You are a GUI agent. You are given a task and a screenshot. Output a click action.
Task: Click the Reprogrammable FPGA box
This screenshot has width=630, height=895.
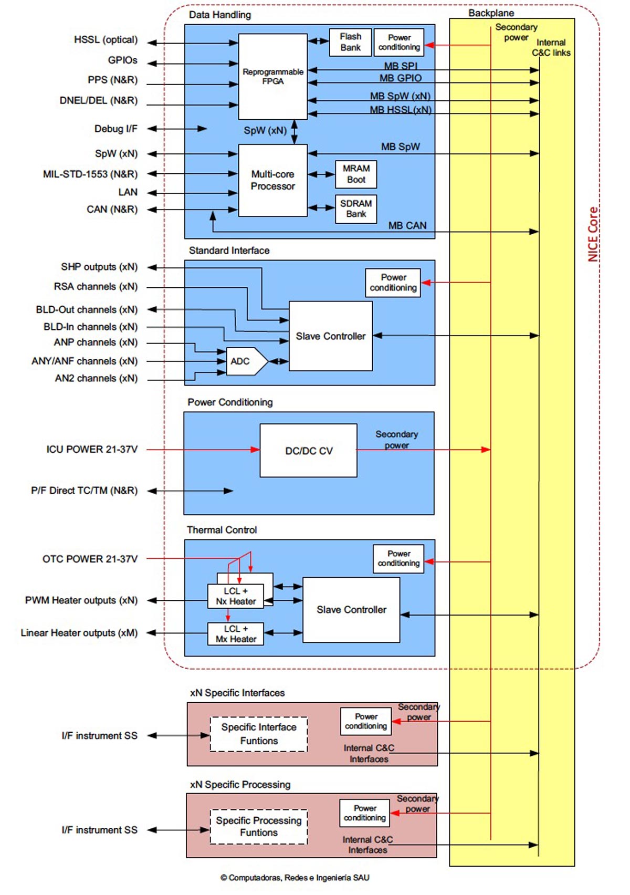pos(272,77)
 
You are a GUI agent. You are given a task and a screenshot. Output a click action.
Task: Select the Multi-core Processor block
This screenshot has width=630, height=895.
pos(272,180)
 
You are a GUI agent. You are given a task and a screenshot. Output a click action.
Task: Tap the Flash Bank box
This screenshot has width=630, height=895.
pos(350,42)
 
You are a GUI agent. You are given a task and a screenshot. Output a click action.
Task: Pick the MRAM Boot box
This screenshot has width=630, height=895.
pos(356,174)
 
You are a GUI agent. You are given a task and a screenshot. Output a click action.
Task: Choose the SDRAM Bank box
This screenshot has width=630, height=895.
pos(356,209)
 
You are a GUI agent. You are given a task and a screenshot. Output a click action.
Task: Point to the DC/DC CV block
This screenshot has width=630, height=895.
pos(308,451)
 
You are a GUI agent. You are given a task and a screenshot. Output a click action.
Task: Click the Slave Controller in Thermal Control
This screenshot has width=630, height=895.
pos(351,610)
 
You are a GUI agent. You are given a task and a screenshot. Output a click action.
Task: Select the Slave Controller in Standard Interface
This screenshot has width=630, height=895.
pos(331,336)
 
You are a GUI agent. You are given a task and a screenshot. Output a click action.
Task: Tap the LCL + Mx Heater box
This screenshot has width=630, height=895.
pos(236,634)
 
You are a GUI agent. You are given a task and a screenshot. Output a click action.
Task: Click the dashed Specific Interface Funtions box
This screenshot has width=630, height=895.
pos(259,734)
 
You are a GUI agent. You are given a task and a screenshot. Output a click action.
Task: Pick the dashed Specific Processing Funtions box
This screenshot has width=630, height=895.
pos(259,826)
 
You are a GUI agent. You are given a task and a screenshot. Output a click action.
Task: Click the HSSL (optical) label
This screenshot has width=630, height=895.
pos(106,40)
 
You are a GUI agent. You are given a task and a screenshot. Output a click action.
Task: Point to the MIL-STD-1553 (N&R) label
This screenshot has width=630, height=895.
pos(90,174)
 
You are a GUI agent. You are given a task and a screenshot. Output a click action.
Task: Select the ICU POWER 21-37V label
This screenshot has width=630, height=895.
pos(92,450)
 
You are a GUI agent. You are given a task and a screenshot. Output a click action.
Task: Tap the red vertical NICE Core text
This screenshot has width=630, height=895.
pos(593,234)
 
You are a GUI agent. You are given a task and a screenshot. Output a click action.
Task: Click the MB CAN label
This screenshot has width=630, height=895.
pos(407,225)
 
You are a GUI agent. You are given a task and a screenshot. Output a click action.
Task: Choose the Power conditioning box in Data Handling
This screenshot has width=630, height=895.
pos(399,42)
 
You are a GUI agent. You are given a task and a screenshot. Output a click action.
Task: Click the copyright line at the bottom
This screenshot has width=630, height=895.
pos(295,878)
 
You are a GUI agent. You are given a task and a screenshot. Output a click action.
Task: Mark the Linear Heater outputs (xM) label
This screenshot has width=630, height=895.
pos(79,633)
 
